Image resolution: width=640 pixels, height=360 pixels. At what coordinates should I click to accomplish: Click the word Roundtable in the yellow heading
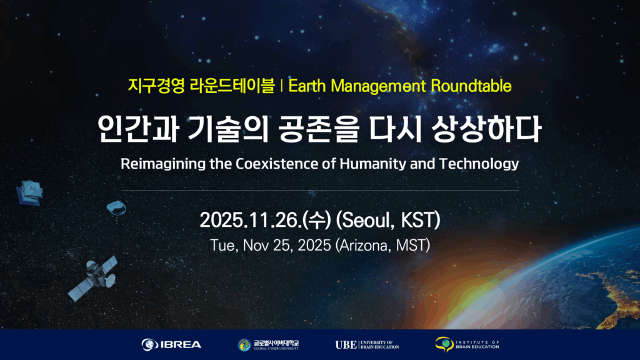pyautogui.click(x=471, y=86)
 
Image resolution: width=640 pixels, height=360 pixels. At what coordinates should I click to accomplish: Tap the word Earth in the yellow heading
pyautogui.click(x=307, y=86)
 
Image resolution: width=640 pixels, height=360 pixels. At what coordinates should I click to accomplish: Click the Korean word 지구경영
pyautogui.click(x=156, y=86)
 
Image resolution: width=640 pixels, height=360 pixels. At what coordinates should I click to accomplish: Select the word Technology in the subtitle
pyautogui.click(x=479, y=164)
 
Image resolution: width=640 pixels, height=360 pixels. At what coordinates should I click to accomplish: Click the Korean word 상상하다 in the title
pyautogui.click(x=486, y=129)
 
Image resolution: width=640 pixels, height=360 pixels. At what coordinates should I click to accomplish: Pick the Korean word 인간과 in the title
pyautogui.click(x=138, y=129)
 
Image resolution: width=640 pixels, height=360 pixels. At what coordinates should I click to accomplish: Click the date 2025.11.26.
pyautogui.click(x=250, y=220)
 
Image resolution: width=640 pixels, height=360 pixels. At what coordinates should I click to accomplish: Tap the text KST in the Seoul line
pyautogui.click(x=419, y=220)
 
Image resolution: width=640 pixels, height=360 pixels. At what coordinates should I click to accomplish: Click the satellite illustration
pyautogui.click(x=94, y=278)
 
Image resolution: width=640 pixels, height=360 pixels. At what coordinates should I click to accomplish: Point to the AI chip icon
pyautogui.click(x=29, y=192)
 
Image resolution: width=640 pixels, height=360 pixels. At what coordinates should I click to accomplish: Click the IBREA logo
pyautogui.click(x=171, y=345)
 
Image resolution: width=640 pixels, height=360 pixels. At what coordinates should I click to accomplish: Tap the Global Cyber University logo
pyautogui.click(x=268, y=345)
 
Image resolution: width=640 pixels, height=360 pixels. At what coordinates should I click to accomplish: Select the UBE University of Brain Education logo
pyautogui.click(x=367, y=345)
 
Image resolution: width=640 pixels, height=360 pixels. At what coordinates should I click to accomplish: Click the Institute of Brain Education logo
pyautogui.click(x=467, y=344)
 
